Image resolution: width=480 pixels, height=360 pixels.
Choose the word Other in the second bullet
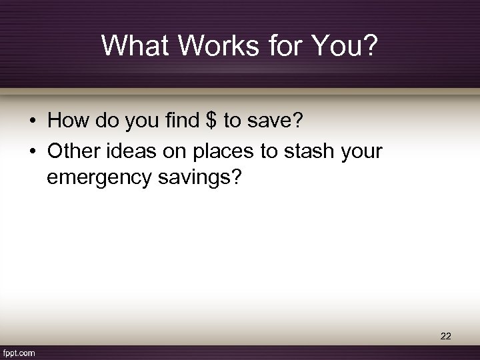click(74, 151)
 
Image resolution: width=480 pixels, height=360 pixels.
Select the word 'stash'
click(312, 151)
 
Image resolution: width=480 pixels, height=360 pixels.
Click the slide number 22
click(446, 337)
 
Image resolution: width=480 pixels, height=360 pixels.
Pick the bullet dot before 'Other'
click(32, 152)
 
